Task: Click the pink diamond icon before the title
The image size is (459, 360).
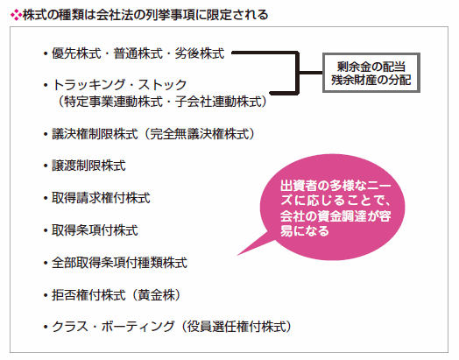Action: click(16, 15)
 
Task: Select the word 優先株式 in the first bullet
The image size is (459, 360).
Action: click(76, 53)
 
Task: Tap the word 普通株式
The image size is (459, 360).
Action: click(138, 53)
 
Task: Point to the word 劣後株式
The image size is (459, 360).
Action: click(200, 53)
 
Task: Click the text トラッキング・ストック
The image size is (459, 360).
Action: click(119, 85)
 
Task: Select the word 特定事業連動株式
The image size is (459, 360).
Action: click(113, 102)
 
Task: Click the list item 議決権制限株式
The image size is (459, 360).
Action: click(95, 134)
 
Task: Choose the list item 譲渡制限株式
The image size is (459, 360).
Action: click(88, 166)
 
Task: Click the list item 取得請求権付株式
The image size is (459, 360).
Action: click(101, 198)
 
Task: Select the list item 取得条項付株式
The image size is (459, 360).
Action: click(95, 230)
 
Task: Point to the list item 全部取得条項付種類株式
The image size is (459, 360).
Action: click(119, 263)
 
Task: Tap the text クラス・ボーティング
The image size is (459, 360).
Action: click(113, 327)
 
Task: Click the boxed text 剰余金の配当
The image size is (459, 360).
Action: click(371, 67)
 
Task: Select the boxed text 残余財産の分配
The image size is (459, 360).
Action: click(371, 80)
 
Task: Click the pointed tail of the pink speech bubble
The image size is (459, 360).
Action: click(237, 255)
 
